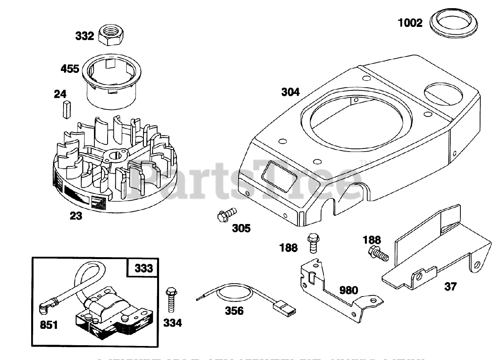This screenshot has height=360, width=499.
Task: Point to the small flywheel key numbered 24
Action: [66, 109]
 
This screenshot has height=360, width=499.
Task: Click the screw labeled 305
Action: [226, 214]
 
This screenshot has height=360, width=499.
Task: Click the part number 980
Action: [349, 290]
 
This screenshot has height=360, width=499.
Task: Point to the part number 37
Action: [450, 287]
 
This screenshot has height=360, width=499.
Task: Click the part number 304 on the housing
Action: [291, 92]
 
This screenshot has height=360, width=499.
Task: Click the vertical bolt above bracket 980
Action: [312, 243]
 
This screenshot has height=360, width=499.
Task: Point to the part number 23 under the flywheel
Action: [76, 215]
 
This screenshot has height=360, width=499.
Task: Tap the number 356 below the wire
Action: [234, 311]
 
